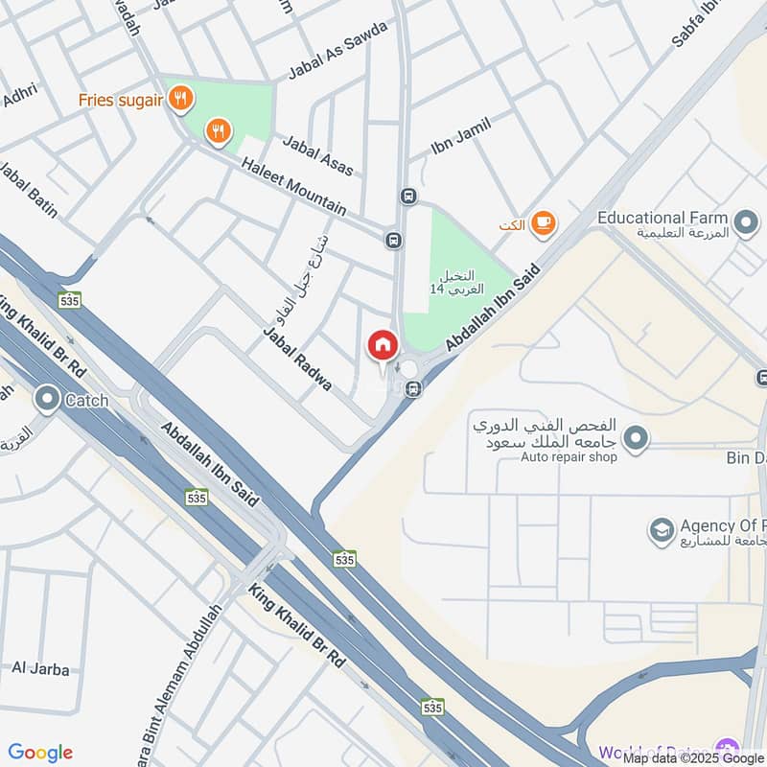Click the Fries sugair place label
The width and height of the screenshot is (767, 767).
[x=121, y=100]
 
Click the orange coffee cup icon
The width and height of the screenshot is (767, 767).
[x=543, y=223]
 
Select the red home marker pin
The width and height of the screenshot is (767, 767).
[x=383, y=345]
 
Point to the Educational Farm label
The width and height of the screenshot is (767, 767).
[x=662, y=218]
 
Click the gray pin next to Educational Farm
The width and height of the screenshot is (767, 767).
[x=744, y=225]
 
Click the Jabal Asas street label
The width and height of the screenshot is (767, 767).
[x=317, y=155]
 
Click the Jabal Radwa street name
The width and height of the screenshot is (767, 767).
[x=297, y=359]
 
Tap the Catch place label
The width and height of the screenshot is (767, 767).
[x=86, y=401]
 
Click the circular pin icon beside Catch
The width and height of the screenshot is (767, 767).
[x=46, y=399]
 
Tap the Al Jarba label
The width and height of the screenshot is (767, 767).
[x=40, y=668]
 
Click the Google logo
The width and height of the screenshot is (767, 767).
[x=40, y=753]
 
